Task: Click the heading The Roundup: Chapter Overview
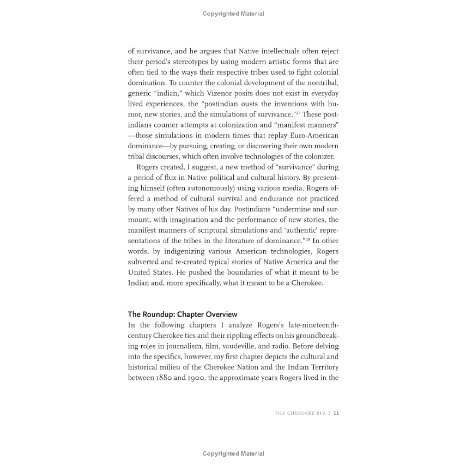[x=183, y=314]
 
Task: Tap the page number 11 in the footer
[x=336, y=413]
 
